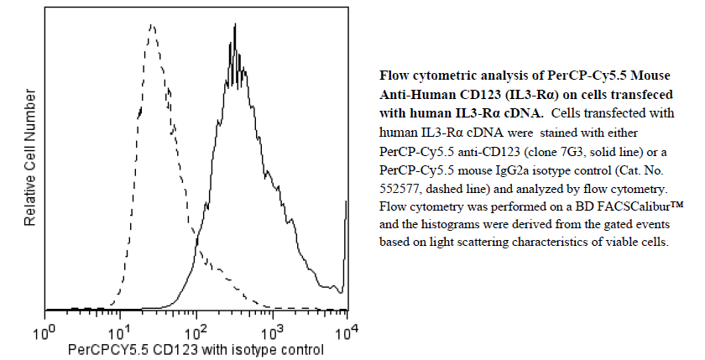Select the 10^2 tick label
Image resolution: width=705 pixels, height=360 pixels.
coord(196,333)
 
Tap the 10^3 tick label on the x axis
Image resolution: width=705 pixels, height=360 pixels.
coord(272,333)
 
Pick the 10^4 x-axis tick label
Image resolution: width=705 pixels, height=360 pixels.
coord(347,333)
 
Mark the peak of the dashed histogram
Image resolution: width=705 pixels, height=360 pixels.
coord(151,26)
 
